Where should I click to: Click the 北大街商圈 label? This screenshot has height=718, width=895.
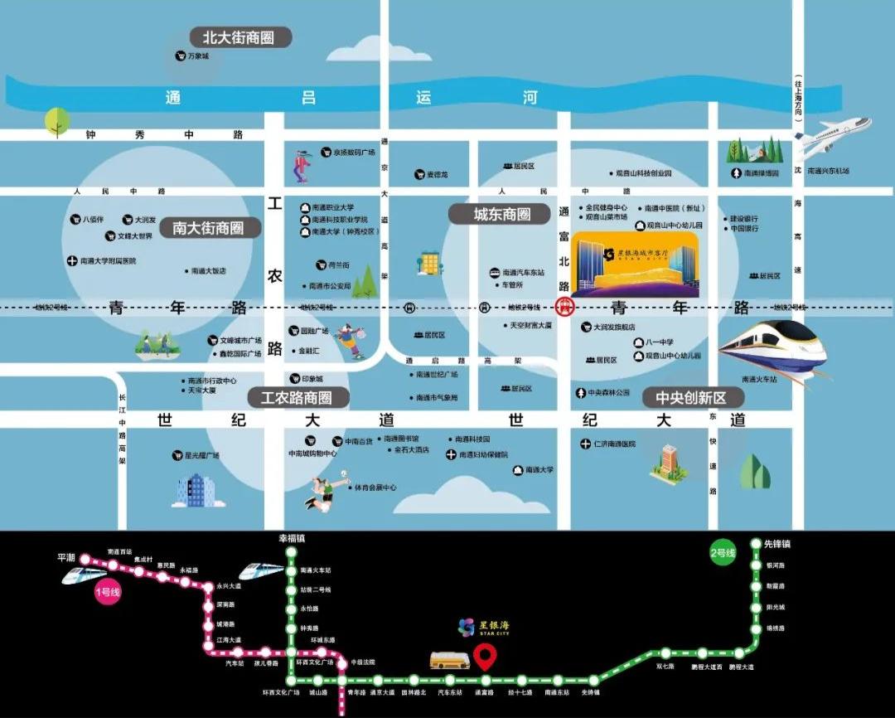[x=241, y=37]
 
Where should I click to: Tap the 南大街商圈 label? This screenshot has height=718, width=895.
[x=208, y=227]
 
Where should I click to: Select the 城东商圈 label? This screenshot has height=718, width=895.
[x=501, y=214]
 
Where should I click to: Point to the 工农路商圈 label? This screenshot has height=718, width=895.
[x=296, y=398]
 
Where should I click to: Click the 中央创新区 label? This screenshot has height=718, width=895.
[x=690, y=398]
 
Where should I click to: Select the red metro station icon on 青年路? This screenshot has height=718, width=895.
[x=564, y=308]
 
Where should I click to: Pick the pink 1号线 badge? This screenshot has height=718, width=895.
[x=108, y=592]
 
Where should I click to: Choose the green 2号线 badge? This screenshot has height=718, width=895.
[x=723, y=554]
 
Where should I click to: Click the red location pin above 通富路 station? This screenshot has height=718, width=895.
[x=485, y=659]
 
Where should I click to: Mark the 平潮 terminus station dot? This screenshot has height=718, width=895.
[x=85, y=560]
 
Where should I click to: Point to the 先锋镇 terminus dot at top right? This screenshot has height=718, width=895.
[x=756, y=544]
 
